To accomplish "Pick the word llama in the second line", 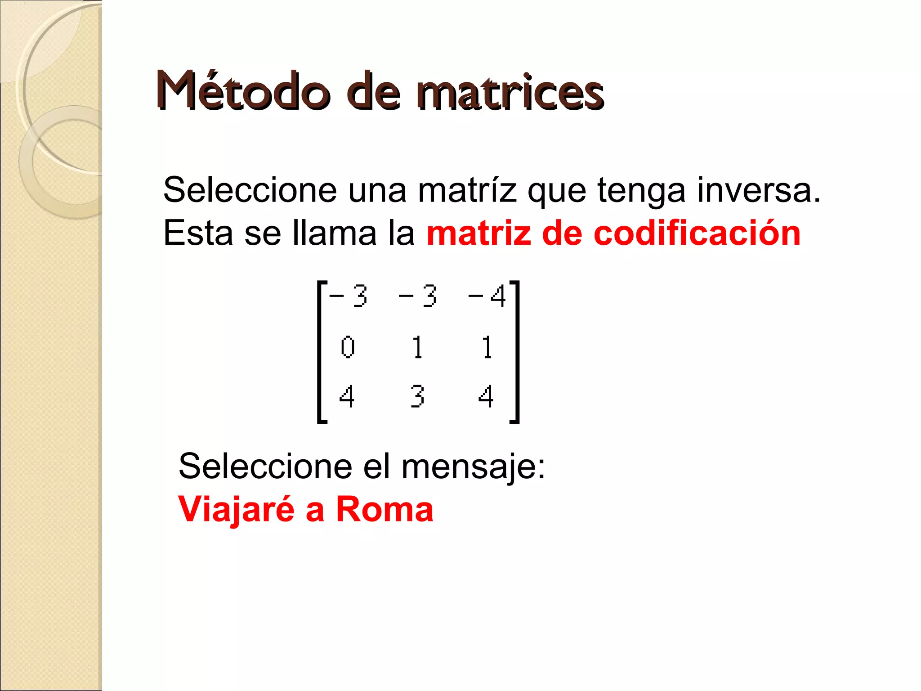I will tap(334, 233).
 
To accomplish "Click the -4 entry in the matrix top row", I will tap(487, 297).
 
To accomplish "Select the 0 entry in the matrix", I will tap(347, 347).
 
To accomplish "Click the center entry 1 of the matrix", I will tap(418, 347).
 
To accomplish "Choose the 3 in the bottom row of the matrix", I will tap(417, 396).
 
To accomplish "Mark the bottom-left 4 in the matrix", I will tap(347, 396).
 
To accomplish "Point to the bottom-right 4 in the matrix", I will tap(486, 396).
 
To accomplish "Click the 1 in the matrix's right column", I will tap(487, 347).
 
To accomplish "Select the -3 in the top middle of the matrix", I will tap(418, 297).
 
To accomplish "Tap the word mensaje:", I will tap(473, 467).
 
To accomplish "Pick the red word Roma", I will tap(384, 509).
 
